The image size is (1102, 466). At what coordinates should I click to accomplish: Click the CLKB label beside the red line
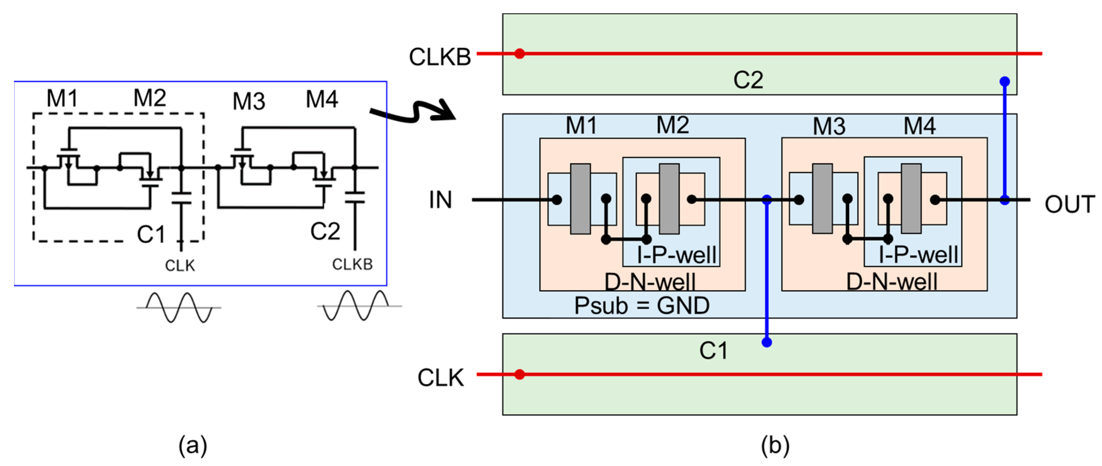point(439,57)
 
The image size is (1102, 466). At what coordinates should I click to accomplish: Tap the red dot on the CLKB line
point(519,54)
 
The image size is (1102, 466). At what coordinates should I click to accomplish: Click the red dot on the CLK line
point(519,375)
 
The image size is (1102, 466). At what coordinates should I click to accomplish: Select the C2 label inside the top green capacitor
point(748,80)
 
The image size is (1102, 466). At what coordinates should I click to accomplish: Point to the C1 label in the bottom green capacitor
point(713,351)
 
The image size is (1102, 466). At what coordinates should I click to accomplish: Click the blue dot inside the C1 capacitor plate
point(767,342)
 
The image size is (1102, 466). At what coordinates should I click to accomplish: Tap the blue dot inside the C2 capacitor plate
point(1004,82)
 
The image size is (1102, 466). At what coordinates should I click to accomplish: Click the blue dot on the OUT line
point(1004,200)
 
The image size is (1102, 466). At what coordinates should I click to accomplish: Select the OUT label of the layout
point(1069,204)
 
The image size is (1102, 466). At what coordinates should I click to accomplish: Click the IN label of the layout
point(440,200)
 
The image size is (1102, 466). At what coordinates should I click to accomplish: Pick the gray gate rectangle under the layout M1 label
point(580,199)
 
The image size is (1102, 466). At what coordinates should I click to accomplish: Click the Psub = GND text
point(641,306)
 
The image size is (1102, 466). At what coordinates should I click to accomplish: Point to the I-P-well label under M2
point(676,255)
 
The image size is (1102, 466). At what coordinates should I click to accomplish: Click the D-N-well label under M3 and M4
point(891,282)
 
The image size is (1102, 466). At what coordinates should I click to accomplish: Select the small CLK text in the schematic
point(180,266)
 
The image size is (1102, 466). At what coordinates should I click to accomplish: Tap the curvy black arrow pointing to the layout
point(413,111)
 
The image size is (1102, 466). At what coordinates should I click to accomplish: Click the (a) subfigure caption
point(193,446)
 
